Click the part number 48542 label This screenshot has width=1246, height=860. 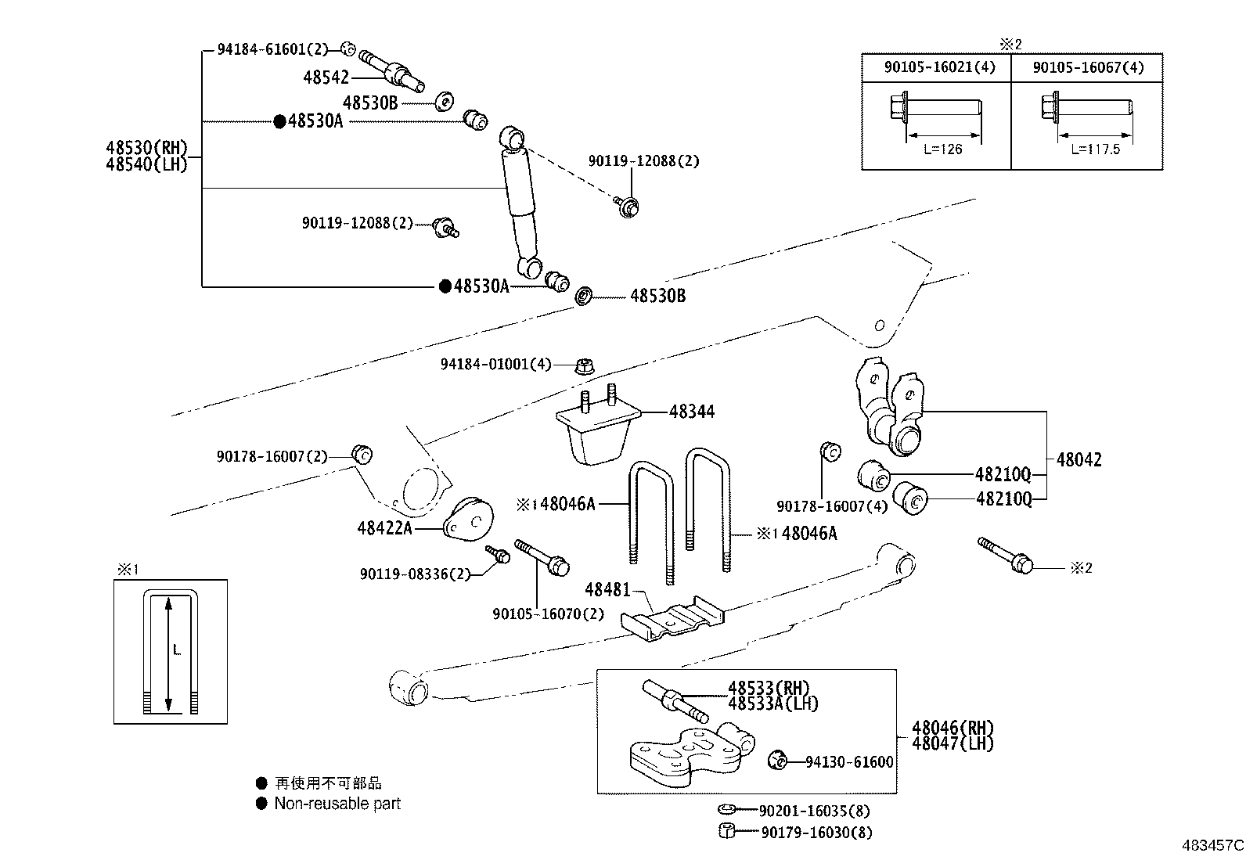[326, 77]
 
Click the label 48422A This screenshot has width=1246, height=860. [384, 528]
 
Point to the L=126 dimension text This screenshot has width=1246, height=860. [942, 149]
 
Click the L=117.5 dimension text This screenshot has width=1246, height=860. [1093, 149]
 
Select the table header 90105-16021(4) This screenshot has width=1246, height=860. [939, 67]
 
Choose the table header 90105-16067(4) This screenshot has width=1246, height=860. [1088, 67]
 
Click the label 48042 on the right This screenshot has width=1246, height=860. [1079, 460]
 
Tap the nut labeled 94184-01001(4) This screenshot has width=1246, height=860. [584, 365]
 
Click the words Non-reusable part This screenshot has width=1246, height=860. [337, 804]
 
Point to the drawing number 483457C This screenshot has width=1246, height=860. [1212, 846]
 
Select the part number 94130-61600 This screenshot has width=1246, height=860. [849, 761]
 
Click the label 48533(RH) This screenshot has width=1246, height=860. [769, 688]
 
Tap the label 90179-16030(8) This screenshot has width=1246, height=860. [816, 833]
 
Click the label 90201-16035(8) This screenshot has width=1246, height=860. [814, 811]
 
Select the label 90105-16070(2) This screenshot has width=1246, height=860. [548, 614]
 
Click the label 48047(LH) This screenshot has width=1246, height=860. [953, 743]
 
